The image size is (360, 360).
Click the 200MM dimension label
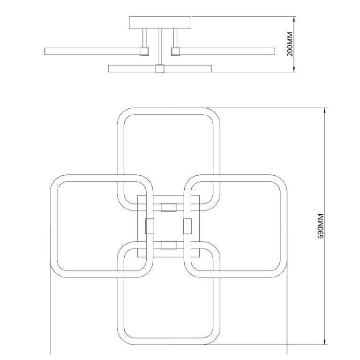pyautogui.click(x=290, y=44)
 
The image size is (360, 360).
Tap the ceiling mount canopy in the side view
pyautogui.click(x=160, y=22)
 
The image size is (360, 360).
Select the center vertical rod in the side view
pyautogui.click(x=160, y=47)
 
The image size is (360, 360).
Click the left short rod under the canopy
pyautogui.click(x=144, y=37)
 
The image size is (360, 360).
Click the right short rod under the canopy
pyautogui.click(x=175, y=37)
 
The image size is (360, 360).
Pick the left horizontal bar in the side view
pyautogui.click(x=92, y=52)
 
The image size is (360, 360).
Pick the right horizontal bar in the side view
pyautogui.click(x=227, y=52)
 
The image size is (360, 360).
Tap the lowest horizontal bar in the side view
pyautogui.click(x=160, y=68)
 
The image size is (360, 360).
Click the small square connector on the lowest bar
pyautogui.click(x=160, y=69)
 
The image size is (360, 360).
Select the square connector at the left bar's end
pyautogui.click(x=144, y=51)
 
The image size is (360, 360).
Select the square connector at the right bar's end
pyautogui.click(x=175, y=51)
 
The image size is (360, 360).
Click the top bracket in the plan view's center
pyautogui.click(x=169, y=207)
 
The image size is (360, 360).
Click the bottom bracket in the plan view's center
pyautogui.click(x=169, y=245)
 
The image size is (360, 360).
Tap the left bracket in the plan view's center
pyautogui.click(x=150, y=226)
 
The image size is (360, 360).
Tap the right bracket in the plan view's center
pyautogui.click(x=187, y=226)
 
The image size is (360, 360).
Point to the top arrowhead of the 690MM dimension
pyautogui.click(x=325, y=111)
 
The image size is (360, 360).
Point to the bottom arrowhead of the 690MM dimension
pyautogui.click(x=325, y=341)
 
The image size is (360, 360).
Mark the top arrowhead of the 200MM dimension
pyautogui.click(x=294, y=20)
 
